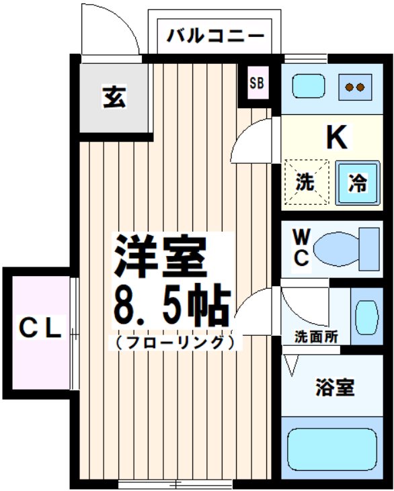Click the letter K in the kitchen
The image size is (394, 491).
tap(336, 138)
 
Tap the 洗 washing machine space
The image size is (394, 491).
tap(306, 181)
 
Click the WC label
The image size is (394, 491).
tap(301, 248)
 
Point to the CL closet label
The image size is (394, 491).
tap(40, 328)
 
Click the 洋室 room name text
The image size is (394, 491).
tap(159, 255)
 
